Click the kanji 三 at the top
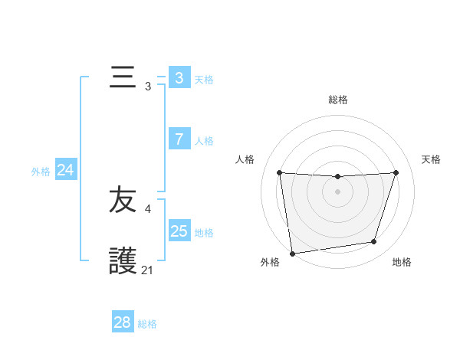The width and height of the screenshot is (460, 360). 123,78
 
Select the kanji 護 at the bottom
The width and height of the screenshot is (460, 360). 123,261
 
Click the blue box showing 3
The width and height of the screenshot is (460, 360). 179,78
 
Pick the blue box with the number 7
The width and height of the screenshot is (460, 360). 179,139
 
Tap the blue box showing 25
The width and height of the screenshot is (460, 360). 179,231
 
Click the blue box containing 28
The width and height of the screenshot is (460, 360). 123,322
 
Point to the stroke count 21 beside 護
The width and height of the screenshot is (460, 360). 148,270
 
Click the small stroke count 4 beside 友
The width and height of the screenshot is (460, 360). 148,208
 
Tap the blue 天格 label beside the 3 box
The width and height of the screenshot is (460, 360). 204,80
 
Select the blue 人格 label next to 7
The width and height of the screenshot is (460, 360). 204,141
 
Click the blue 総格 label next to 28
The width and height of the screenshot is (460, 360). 147,324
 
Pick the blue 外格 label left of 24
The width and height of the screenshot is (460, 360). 41,172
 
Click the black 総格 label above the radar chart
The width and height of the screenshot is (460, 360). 338,100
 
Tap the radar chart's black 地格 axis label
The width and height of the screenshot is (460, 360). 402,262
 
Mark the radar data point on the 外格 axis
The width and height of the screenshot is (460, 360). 292,253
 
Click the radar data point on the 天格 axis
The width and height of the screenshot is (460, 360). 396,172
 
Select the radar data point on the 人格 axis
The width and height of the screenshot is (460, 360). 279,172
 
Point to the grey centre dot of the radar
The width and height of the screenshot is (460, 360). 338,191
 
